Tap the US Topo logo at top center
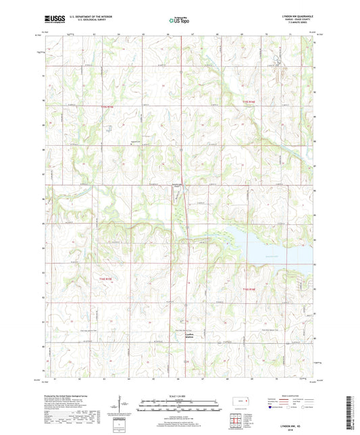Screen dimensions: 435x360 [x=179, y=21]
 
